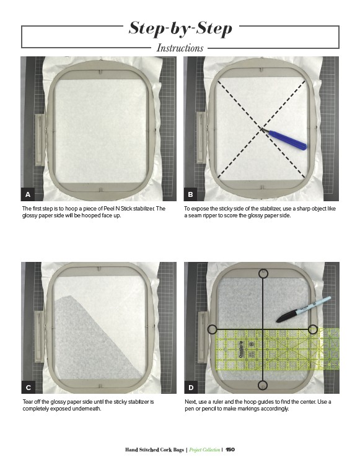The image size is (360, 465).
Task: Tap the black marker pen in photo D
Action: [304, 309]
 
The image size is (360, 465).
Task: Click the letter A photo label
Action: [28, 194]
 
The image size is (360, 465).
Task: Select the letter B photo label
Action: [191, 194]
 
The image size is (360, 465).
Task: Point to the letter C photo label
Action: [29, 388]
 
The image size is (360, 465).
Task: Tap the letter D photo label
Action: [191, 388]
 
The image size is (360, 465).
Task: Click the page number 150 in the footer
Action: [230, 450]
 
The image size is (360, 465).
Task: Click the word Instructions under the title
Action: [180, 48]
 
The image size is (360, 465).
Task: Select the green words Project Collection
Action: [204, 450]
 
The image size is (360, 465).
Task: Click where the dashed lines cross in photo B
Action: [261, 129]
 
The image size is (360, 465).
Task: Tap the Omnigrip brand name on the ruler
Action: [240, 349]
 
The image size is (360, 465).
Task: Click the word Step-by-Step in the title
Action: [180, 28]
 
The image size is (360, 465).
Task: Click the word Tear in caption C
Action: [28, 402]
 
